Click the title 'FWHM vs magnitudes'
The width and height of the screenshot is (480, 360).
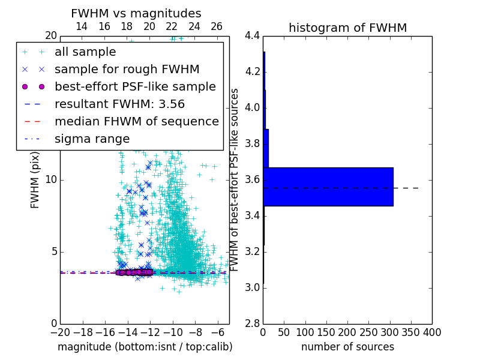136,13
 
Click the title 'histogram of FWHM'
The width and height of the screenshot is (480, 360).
347,28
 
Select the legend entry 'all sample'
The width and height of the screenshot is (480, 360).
85,52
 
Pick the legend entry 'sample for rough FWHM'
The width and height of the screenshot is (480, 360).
127,70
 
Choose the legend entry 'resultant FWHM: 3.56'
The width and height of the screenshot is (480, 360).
119,104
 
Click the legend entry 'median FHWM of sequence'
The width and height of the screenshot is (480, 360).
136,122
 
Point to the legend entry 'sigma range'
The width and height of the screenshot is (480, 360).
92,139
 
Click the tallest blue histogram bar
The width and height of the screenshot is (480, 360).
328,187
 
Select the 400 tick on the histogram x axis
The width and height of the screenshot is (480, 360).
431,332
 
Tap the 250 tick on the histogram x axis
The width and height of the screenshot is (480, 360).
368,332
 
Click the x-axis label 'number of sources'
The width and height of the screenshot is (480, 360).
347,347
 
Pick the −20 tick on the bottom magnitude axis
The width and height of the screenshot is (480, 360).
60,332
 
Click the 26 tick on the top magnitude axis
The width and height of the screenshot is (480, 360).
217,26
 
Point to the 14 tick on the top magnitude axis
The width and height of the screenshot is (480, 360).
82,26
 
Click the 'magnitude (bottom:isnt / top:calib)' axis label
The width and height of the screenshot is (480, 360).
145,347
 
